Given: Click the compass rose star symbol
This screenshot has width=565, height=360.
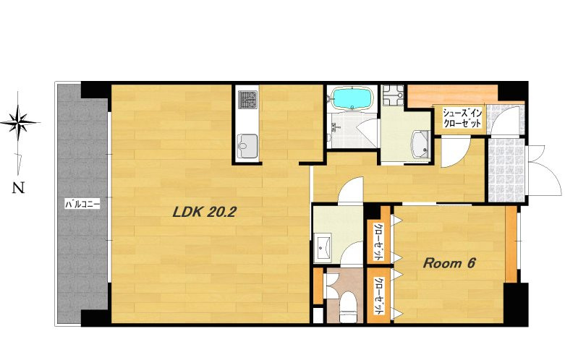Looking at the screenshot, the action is (19, 122).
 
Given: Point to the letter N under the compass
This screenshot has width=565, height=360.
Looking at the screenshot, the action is (18, 188).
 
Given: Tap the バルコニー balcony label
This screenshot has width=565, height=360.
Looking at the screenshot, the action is (82, 205).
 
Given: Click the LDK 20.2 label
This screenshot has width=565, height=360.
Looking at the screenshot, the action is (204, 212).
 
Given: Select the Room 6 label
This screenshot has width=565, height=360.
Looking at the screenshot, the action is (449, 263).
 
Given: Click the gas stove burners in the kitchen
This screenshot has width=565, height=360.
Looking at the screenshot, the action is (248, 100).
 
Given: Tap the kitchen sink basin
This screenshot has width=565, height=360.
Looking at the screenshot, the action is (247, 146).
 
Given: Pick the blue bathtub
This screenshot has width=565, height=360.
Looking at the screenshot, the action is (352, 98).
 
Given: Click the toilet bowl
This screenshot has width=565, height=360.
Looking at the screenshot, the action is (348, 307).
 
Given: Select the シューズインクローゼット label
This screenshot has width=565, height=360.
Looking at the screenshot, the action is (462, 118).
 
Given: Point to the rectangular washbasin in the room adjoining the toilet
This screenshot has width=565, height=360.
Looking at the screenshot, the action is (323, 248).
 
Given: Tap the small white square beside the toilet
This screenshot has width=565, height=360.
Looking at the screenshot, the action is (318, 315).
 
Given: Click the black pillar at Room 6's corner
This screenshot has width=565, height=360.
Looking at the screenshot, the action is (516, 304).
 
